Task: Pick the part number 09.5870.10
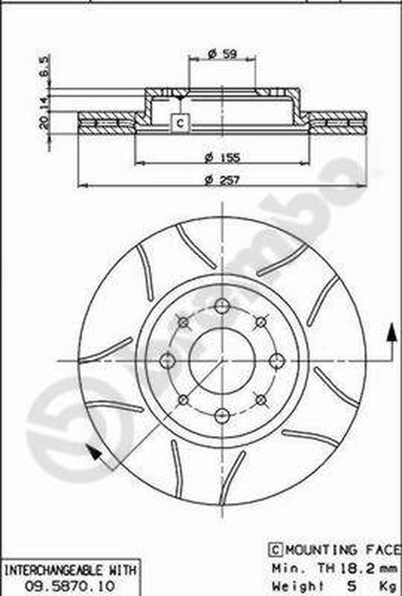pos(70,584)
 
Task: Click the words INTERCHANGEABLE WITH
pos(70,570)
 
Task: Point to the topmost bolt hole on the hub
pos(222,305)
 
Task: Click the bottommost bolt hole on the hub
pos(222,416)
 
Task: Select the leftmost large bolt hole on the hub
pos(167,361)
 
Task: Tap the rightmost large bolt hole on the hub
pos(277,361)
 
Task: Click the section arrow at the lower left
pos(93,451)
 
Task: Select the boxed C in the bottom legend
pos(274,549)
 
